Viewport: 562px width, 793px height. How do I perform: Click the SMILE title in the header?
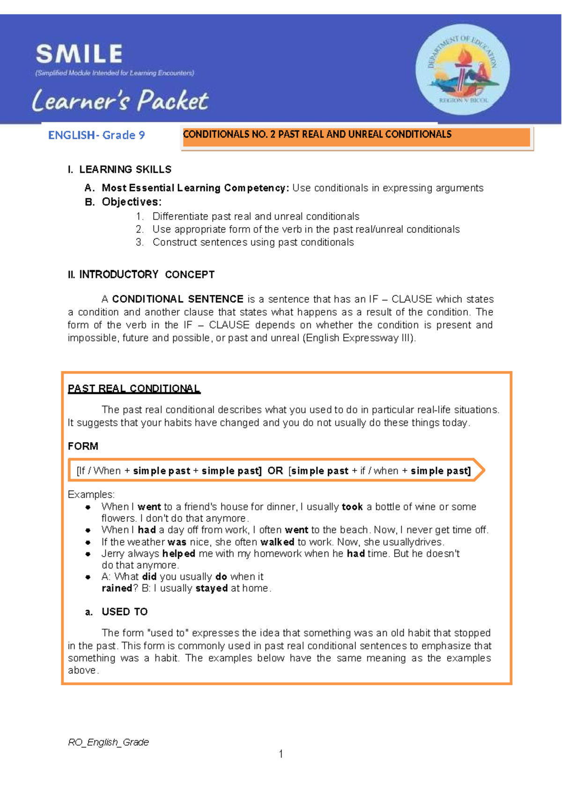point(79,54)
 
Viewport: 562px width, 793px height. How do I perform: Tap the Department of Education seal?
point(462,70)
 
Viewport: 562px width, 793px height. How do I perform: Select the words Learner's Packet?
point(120,100)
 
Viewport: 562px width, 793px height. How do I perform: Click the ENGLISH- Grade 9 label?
point(96,135)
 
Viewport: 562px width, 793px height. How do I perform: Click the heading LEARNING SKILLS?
point(125,169)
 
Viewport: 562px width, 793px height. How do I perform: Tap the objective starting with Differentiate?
point(256,216)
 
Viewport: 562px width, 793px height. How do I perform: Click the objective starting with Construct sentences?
point(253,242)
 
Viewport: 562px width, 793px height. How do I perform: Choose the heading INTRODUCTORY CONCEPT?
point(147,274)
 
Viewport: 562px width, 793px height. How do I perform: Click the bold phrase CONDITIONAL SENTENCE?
point(177,299)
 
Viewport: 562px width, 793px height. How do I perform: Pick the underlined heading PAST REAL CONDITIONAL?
point(134,389)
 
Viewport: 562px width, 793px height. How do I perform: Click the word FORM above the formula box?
point(83,446)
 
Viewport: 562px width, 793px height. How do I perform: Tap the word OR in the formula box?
point(275,471)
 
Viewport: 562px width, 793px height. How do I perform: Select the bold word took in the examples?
point(352,507)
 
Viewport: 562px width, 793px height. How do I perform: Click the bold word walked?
point(277,542)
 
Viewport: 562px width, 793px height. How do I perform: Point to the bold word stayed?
point(212,588)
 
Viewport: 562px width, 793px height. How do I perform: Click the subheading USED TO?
point(125,612)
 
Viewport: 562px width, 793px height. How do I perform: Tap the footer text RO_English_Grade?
point(108,742)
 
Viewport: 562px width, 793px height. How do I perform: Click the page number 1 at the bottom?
point(281,754)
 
